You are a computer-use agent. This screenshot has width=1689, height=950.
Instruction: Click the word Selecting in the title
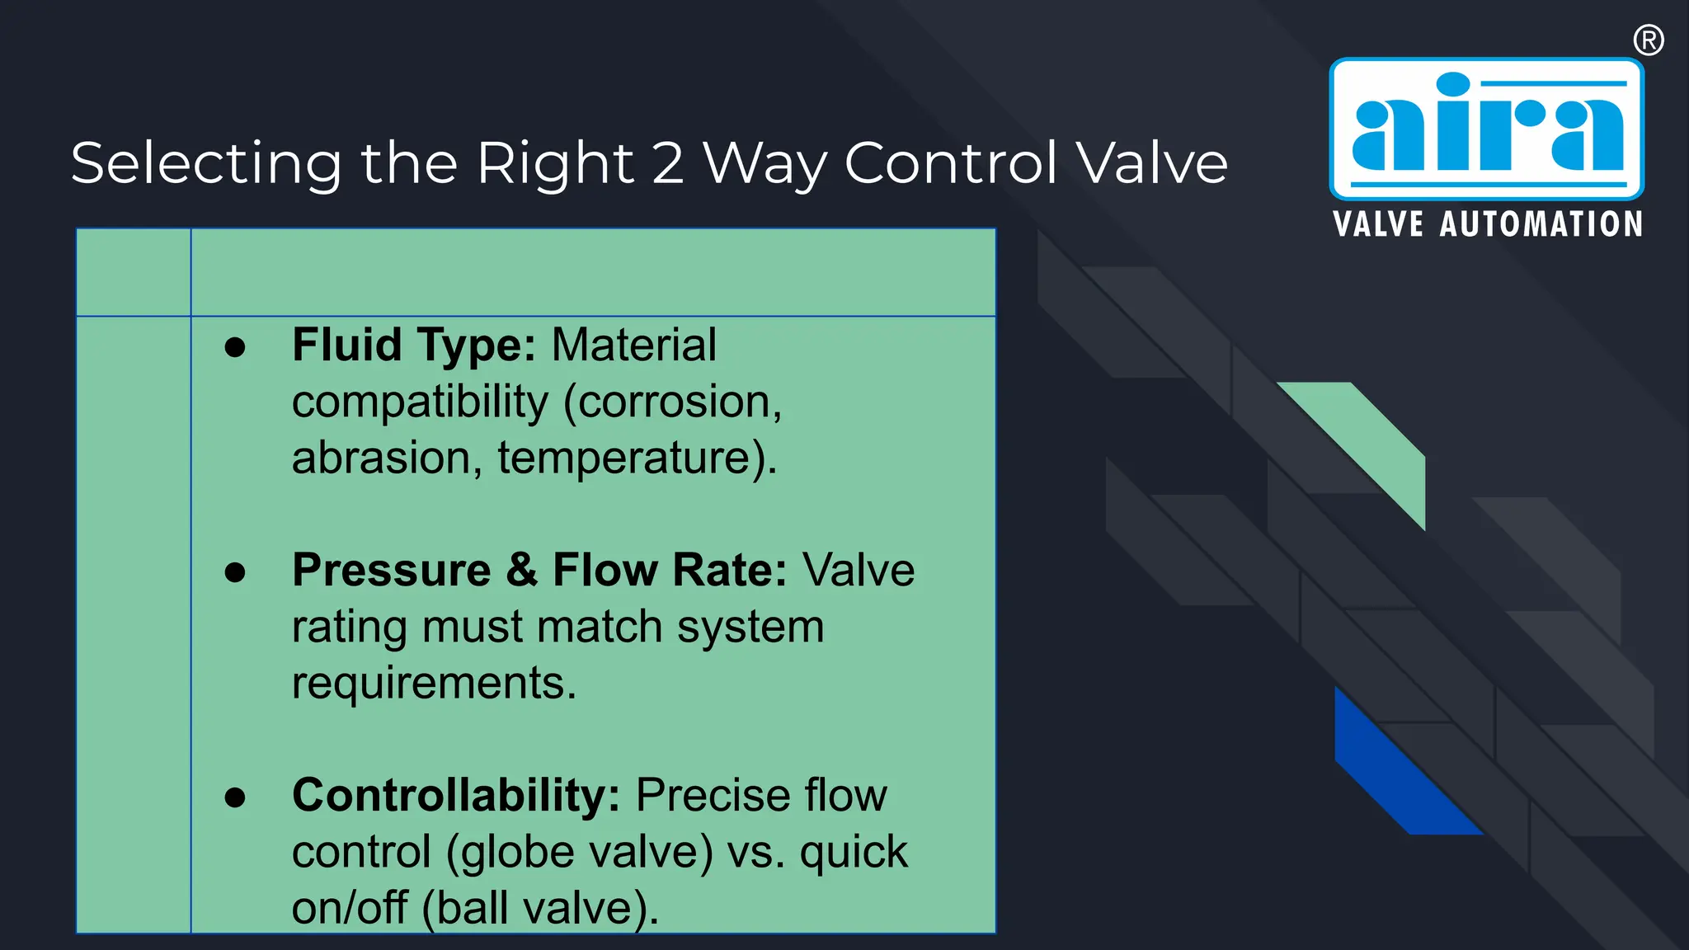(x=205, y=164)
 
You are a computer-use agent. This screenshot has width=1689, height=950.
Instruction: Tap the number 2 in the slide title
(x=668, y=162)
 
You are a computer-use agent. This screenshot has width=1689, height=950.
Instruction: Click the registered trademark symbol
(x=1648, y=40)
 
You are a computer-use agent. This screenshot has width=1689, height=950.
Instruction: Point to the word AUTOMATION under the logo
(x=1541, y=224)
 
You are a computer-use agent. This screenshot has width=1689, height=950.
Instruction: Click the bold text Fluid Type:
(x=414, y=345)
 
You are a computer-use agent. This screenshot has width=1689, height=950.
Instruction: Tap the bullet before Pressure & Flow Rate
(x=235, y=571)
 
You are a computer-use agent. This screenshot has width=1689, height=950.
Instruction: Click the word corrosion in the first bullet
(x=673, y=402)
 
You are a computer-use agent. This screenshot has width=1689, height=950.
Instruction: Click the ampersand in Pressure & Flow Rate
(x=522, y=571)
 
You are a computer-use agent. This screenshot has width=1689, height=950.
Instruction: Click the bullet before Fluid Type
(x=235, y=347)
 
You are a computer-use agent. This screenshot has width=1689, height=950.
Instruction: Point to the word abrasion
(x=380, y=458)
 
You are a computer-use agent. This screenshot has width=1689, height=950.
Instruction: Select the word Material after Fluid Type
(x=633, y=345)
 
